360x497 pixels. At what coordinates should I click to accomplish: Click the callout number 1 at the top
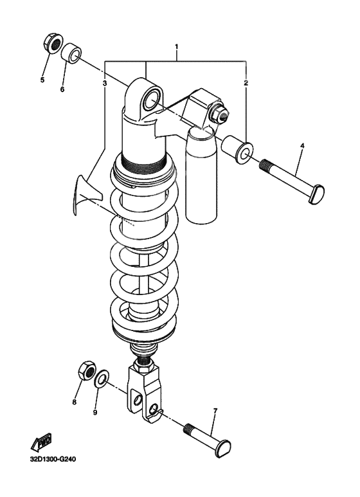pyautogui.click(x=176, y=48)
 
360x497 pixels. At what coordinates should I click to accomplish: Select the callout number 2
pyautogui.click(x=246, y=84)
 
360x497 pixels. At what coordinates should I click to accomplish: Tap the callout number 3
pyautogui.click(x=104, y=84)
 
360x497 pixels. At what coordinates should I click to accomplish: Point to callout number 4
pyautogui.click(x=301, y=146)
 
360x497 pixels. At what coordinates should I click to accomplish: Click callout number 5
pyautogui.click(x=42, y=81)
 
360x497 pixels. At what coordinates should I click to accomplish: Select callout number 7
pyautogui.click(x=215, y=410)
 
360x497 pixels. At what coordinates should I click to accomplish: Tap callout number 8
pyautogui.click(x=74, y=402)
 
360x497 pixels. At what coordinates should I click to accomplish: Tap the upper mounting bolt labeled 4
pyautogui.click(x=292, y=181)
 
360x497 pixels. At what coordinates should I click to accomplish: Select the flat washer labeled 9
pyautogui.click(x=102, y=384)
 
